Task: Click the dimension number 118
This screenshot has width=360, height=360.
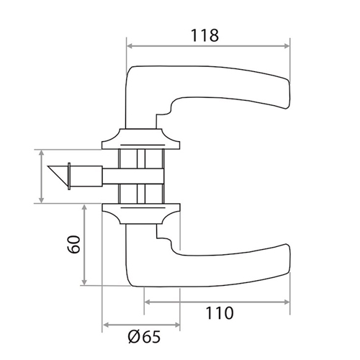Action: point(204,35)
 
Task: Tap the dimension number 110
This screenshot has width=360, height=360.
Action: point(220,313)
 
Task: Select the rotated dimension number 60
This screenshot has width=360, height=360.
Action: point(73,244)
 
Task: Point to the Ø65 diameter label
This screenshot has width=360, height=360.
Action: point(144,336)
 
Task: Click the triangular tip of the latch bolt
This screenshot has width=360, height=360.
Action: point(58,175)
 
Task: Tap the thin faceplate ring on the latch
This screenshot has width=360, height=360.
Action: point(69,176)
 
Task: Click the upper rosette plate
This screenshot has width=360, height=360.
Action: point(141,139)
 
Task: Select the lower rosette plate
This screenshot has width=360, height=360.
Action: point(141,214)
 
